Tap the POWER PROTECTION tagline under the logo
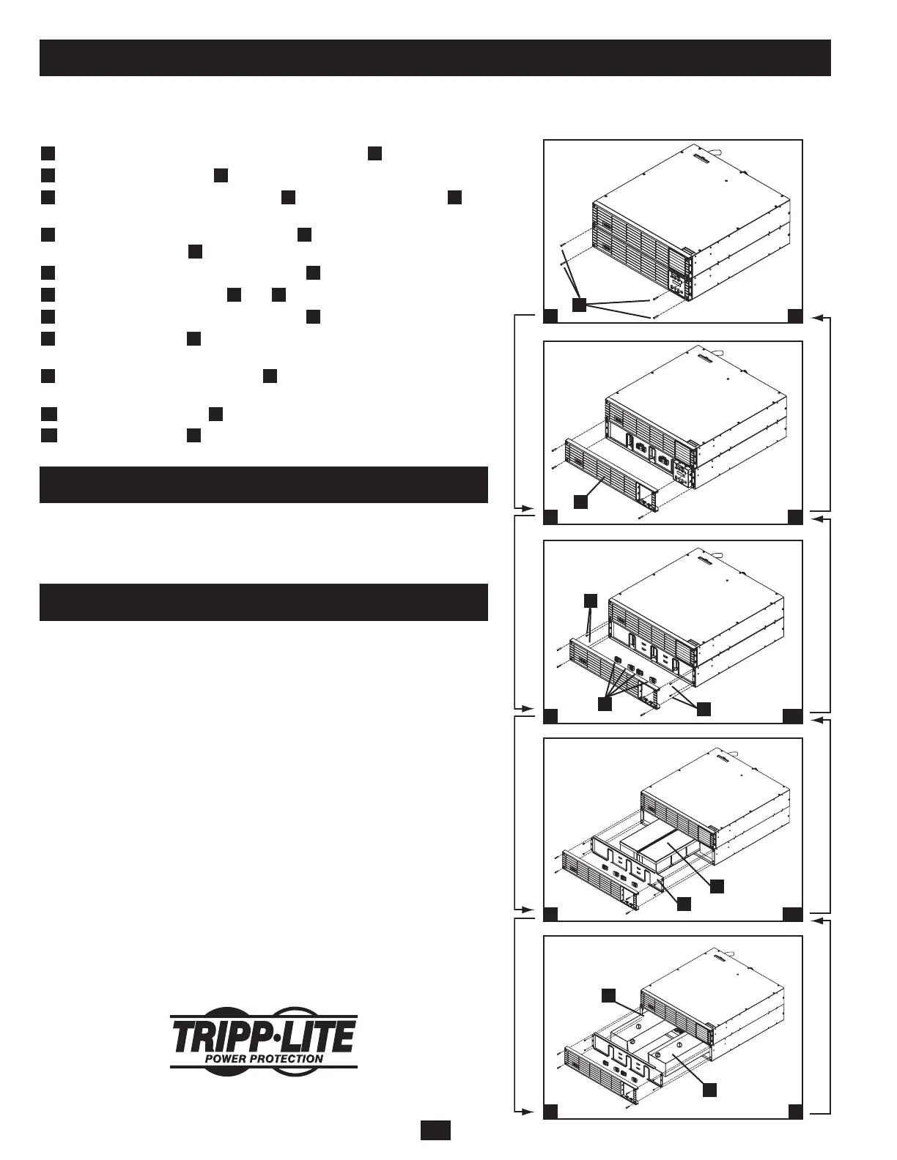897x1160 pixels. [x=263, y=1058]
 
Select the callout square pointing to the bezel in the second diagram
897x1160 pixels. [x=580, y=501]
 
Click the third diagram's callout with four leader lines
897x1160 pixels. [x=605, y=704]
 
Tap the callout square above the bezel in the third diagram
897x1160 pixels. [x=591, y=600]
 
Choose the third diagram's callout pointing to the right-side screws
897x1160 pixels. [x=704, y=708]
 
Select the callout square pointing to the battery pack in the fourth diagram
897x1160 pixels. [x=717, y=885]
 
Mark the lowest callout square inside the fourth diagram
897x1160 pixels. [x=683, y=904]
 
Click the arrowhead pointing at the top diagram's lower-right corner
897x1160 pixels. [x=819, y=317]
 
